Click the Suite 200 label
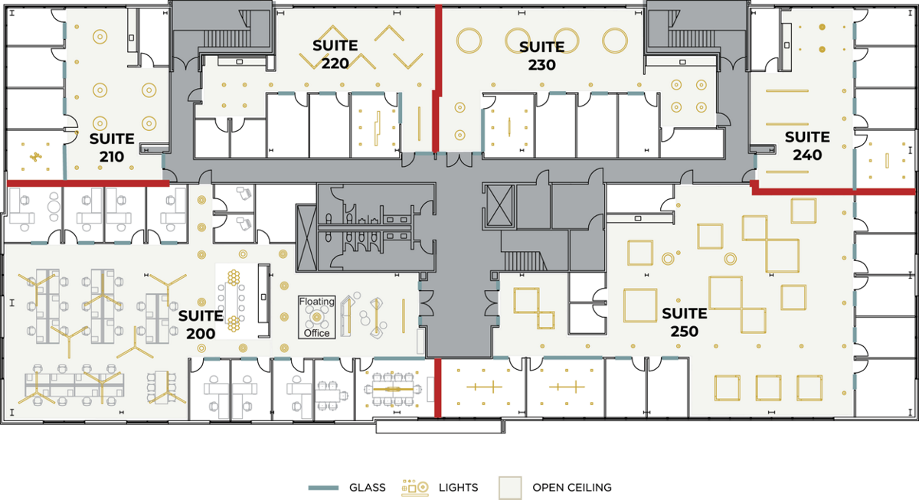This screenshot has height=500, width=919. click(x=201, y=325)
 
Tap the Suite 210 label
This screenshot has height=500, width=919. click(x=112, y=148)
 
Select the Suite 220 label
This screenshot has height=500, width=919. click(x=335, y=54)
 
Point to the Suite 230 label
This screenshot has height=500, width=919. click(x=542, y=56)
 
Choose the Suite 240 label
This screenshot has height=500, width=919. click(x=807, y=145)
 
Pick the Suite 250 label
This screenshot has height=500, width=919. click(x=685, y=322)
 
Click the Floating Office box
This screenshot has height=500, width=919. click(x=317, y=317)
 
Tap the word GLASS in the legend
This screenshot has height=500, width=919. click(x=367, y=487)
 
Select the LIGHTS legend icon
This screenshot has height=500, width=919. click(x=415, y=487)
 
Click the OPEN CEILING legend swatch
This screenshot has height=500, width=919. click(x=510, y=488)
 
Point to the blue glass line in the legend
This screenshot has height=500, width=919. click(x=323, y=488)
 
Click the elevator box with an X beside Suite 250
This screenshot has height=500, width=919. click(x=499, y=205)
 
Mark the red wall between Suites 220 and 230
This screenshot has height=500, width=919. click(x=437, y=79)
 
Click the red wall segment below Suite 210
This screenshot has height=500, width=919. click(x=88, y=183)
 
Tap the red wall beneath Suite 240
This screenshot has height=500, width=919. click(x=833, y=191)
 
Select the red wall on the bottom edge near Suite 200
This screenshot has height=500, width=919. click(x=438, y=387)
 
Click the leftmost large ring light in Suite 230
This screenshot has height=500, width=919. click(x=469, y=40)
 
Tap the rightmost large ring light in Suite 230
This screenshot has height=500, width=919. click(x=614, y=40)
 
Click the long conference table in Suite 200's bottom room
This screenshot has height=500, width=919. click(x=393, y=389)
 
